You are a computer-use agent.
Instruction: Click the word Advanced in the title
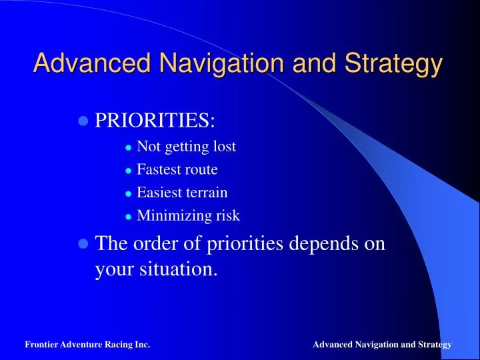pyautogui.click(x=92, y=63)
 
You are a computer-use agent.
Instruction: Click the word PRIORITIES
pyautogui.click(x=155, y=120)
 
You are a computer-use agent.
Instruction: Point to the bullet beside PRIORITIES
pyautogui.click(x=83, y=121)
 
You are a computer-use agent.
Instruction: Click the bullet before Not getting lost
pyautogui.click(x=129, y=148)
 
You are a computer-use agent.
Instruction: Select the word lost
pyautogui.click(x=225, y=146)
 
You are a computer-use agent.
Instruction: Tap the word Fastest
pyautogui.click(x=158, y=169)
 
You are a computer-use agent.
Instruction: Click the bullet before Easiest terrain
pyautogui.click(x=129, y=194)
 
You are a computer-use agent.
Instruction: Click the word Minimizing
pyautogui.click(x=174, y=216)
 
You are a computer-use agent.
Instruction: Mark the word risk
pyautogui.click(x=228, y=215)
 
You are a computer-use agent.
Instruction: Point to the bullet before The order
pyautogui.click(x=83, y=244)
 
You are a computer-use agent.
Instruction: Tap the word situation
pyautogui.click(x=179, y=269)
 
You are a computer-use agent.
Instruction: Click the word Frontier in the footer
pyautogui.click(x=41, y=345)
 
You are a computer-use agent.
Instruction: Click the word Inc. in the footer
pyautogui.click(x=143, y=345)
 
